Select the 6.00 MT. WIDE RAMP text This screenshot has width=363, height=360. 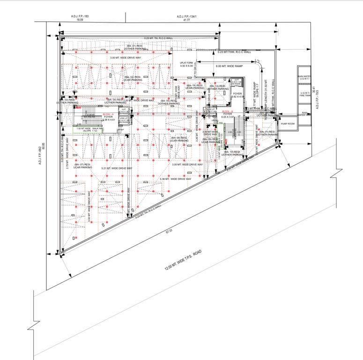229,66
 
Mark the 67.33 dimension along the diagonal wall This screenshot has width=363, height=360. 169,231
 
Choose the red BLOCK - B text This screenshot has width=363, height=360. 228,111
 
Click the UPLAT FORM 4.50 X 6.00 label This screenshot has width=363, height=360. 189,64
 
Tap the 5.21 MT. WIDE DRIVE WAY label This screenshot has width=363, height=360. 116,167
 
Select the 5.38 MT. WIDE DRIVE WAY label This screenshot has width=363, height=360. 176,179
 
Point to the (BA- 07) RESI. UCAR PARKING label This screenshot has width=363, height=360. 81,166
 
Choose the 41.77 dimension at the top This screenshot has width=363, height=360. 186,21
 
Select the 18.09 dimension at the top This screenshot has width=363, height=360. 80,21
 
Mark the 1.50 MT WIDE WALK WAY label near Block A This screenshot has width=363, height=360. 91,129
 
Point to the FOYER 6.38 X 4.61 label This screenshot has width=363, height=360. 108,119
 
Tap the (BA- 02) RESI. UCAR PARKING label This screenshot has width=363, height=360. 133,78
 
